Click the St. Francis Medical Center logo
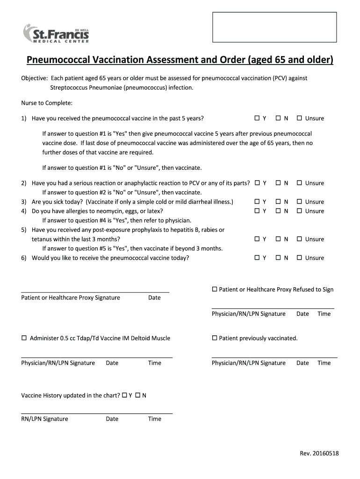pyautogui.click(x=56, y=33)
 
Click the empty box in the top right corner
pyautogui.click(x=274, y=27)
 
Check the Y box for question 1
pyautogui.click(x=257, y=118)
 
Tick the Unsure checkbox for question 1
pyautogui.click(x=299, y=118)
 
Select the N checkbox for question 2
pyautogui.click(x=278, y=183)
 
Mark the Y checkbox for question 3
pyautogui.click(x=257, y=202)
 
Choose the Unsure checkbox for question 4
pyautogui.click(x=299, y=211)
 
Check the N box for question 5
pyautogui.click(x=278, y=239)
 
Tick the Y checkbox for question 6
pyautogui.click(x=257, y=258)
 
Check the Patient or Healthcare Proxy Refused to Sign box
pyautogui.click(x=215, y=289)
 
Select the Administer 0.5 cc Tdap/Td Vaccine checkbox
pyautogui.click(x=24, y=338)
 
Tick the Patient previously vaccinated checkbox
pyautogui.click(x=215, y=338)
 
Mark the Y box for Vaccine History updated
pyautogui.click(x=124, y=395)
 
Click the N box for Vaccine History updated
pyautogui.click(x=138, y=395)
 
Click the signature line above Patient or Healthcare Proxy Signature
pyautogui.click(x=95, y=292)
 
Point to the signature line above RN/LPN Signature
pyautogui.click(x=97, y=413)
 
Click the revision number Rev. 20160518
pyautogui.click(x=319, y=453)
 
